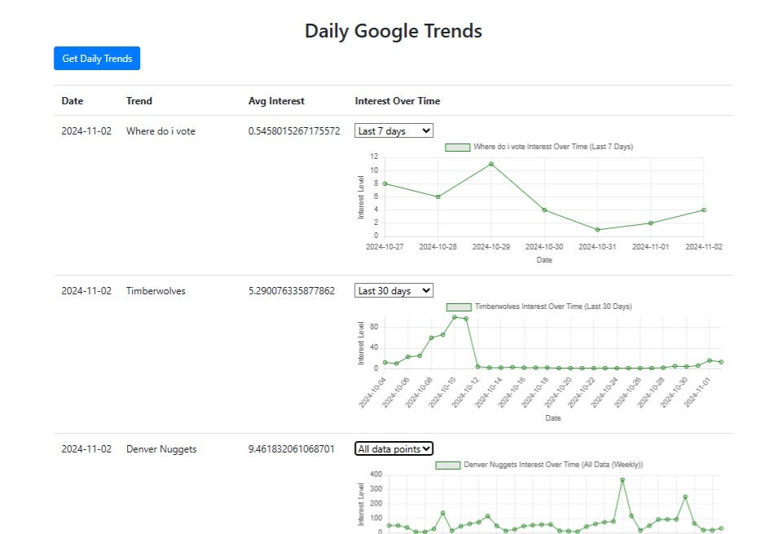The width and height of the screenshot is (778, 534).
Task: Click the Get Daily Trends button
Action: (x=97, y=58)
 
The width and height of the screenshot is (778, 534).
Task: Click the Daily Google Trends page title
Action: (x=393, y=31)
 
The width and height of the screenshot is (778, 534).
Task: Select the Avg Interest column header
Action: (x=276, y=101)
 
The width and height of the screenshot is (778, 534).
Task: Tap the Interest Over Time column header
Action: (x=398, y=101)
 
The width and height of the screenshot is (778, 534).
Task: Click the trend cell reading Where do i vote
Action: (x=160, y=131)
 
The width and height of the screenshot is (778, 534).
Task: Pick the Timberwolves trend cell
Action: (x=156, y=290)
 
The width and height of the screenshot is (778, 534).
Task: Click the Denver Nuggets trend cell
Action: (x=161, y=449)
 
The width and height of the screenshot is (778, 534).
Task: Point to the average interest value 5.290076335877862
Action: (x=292, y=290)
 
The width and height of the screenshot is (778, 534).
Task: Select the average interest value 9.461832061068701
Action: (x=292, y=449)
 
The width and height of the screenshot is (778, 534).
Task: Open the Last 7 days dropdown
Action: (x=394, y=130)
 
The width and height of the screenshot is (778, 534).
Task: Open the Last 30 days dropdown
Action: (x=394, y=290)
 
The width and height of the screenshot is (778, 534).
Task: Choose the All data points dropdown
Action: (x=394, y=448)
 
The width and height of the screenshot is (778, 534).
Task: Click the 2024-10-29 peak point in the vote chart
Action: (x=491, y=164)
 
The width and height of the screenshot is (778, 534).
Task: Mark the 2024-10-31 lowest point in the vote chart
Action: (x=597, y=230)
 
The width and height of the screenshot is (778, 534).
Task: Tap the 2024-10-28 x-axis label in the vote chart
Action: (x=437, y=247)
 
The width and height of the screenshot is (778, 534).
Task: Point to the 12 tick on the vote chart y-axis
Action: (x=374, y=157)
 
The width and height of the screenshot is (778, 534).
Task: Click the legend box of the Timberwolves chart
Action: (x=459, y=307)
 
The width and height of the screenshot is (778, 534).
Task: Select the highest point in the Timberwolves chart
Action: (x=455, y=317)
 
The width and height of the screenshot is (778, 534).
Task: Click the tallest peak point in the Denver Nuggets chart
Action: (x=622, y=480)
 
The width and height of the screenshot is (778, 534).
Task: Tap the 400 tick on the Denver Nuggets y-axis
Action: (x=376, y=474)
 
